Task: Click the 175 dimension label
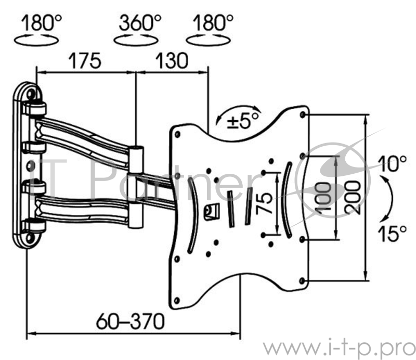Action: click(x=85, y=61)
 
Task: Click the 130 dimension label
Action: click(x=172, y=61)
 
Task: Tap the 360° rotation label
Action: click(x=140, y=22)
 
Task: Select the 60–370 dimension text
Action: click(x=131, y=321)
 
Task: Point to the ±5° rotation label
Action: click(x=242, y=120)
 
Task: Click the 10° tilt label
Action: click(x=392, y=163)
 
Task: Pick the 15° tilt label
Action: click(x=392, y=234)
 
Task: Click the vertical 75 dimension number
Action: click(x=264, y=203)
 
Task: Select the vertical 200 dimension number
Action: click(x=353, y=194)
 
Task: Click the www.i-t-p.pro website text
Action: click(x=340, y=346)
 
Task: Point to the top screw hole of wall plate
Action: click(x=31, y=94)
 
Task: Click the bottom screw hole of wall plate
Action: click(x=30, y=237)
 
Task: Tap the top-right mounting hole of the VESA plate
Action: click(x=302, y=114)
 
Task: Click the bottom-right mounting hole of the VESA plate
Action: click(x=302, y=280)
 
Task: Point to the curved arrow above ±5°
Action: click(x=238, y=108)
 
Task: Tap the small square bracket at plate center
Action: click(x=212, y=211)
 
